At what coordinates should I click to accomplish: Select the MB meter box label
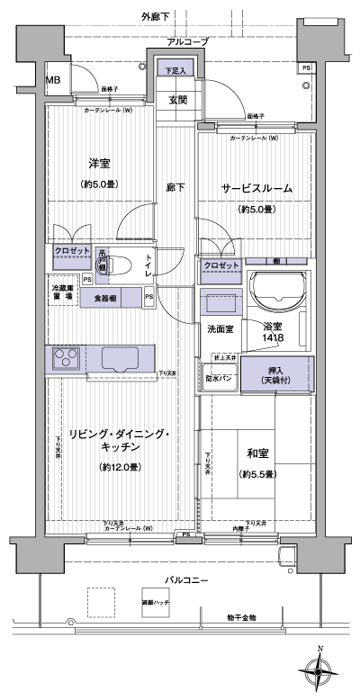pos(54,79)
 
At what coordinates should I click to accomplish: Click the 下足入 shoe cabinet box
pos(174,69)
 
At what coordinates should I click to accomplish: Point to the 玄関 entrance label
pos(176,100)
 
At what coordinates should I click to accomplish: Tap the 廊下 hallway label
pos(175,187)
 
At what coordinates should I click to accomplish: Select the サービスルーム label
pos(256,188)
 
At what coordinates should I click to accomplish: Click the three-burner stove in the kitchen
pos(65,359)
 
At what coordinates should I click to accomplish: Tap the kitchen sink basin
pos(121,359)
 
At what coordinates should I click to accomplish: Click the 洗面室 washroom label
pos(220,329)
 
